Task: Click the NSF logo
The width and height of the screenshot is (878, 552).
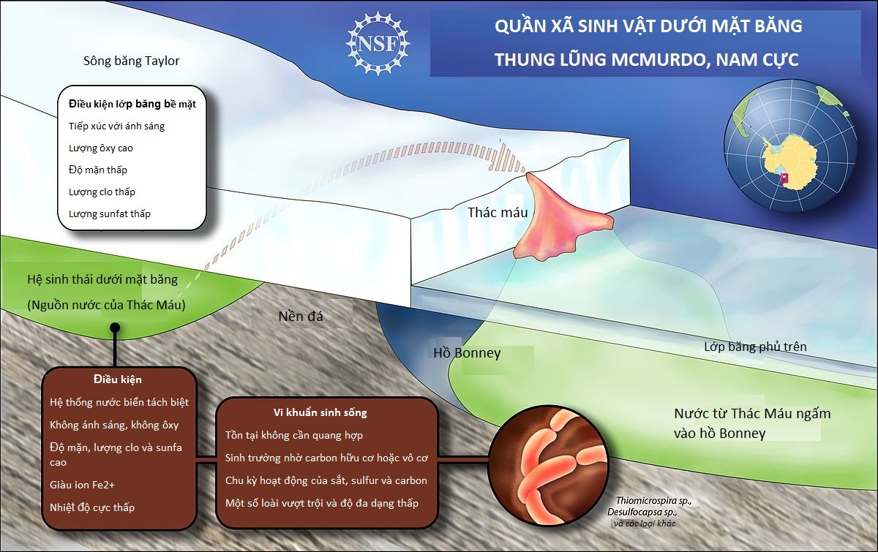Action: (378, 41)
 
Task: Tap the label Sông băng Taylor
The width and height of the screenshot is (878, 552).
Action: (132, 61)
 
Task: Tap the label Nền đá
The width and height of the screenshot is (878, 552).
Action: (301, 317)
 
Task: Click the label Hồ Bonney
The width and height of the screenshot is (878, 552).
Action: (467, 353)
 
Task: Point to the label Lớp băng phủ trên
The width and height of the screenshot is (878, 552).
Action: (755, 346)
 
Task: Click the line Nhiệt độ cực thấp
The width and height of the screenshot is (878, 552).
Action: (92, 507)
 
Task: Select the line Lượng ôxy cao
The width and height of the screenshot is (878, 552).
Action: (101, 148)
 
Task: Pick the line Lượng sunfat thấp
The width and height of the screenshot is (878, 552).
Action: (110, 214)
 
